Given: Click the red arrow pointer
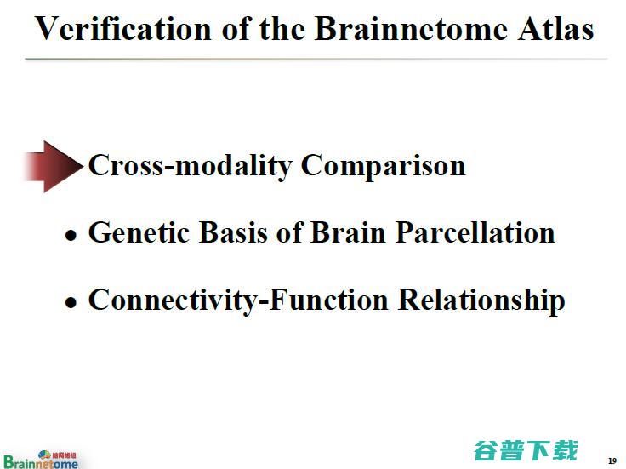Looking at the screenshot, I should click(52, 165).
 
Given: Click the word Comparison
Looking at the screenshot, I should click(384, 165).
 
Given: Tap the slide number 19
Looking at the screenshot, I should click(612, 460).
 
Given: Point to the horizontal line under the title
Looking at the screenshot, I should click(316, 59).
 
